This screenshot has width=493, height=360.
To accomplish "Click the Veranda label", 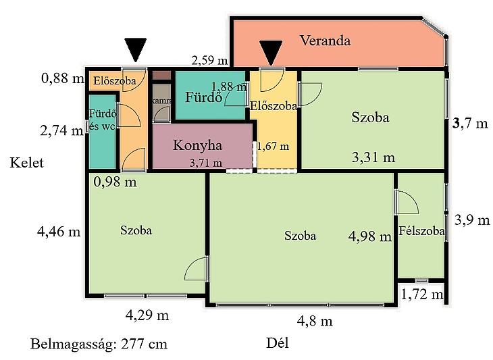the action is click(325, 41).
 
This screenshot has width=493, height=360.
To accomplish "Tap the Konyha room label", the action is click(197, 145).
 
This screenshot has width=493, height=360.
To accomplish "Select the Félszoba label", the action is click(421, 231).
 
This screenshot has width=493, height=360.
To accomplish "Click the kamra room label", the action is click(161, 101).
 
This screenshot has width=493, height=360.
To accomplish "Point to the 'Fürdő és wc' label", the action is click(103, 120).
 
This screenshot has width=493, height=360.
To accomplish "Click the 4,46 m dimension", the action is click(59, 232).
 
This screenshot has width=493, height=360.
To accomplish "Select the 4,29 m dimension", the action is click(147, 315).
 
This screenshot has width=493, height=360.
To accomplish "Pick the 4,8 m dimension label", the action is click(315, 321).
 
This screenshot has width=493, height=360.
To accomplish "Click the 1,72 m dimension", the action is click(422, 294).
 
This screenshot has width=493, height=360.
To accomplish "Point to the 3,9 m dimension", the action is click(472, 220).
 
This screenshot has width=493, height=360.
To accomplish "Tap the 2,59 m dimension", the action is click(209, 59).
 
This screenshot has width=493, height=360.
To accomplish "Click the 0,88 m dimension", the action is click(63, 78).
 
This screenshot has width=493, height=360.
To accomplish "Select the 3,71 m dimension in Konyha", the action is click(206, 163).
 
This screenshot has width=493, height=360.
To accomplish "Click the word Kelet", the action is click(27, 163).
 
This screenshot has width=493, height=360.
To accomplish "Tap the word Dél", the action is click(278, 342).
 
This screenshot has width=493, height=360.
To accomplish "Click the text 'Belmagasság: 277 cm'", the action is click(99, 344).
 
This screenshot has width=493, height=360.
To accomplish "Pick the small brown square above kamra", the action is click(161, 76).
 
